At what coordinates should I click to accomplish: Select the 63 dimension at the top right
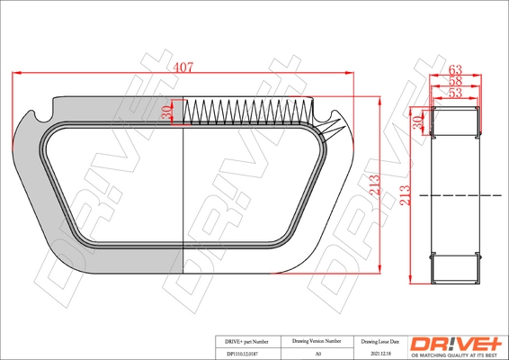[455, 67]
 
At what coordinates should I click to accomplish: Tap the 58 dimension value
[455, 80]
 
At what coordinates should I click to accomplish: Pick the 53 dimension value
[455, 92]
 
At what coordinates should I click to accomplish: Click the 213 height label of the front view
[373, 186]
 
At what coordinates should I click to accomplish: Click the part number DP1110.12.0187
[242, 355]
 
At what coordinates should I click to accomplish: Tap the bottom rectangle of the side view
[455, 266]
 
